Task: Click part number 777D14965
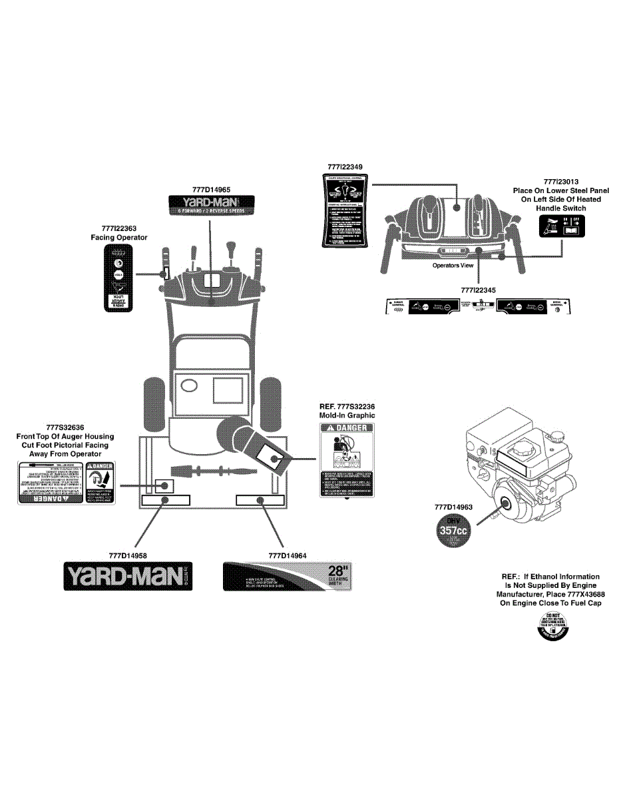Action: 210,190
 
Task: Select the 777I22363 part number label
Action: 119,228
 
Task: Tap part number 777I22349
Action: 345,165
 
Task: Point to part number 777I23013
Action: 560,181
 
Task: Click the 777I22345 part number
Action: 479,290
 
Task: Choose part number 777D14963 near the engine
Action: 453,507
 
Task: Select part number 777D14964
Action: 288,555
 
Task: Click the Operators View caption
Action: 453,265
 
